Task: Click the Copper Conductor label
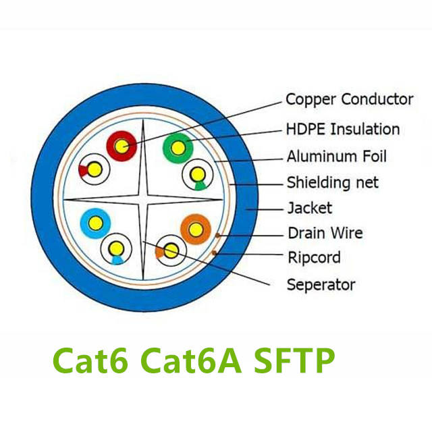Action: coord(349,99)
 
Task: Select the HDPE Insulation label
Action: coord(343,129)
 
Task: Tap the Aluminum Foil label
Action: coord(337,157)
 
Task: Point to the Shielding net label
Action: coord(332,182)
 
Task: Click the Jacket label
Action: coord(309,207)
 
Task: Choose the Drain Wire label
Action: coord(325,234)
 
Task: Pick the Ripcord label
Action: coord(313,258)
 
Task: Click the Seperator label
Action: coord(321,284)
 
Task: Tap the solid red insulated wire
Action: coord(122,145)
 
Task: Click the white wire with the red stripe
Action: coord(94,169)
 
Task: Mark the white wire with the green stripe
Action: coord(198,174)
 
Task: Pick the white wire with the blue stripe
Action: coord(115,249)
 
